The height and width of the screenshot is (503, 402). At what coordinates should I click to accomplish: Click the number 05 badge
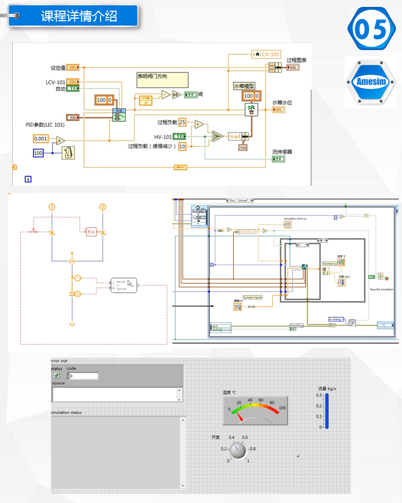click(373, 30)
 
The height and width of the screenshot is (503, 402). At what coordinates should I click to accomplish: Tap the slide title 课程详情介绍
click(79, 16)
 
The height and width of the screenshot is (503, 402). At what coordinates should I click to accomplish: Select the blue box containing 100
click(38, 153)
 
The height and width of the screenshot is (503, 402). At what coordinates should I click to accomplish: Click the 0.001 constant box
click(40, 138)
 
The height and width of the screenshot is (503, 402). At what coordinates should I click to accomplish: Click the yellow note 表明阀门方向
click(162, 80)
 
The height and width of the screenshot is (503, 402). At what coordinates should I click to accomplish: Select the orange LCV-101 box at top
click(266, 54)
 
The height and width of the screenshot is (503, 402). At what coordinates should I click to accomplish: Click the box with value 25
click(182, 122)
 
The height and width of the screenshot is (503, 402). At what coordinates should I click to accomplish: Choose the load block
click(234, 136)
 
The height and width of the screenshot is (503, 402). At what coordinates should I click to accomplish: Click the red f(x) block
click(91, 232)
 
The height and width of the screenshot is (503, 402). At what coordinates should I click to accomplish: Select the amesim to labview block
click(123, 285)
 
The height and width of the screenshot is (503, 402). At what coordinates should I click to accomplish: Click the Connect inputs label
click(253, 297)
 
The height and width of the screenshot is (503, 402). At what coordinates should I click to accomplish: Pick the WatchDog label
click(296, 325)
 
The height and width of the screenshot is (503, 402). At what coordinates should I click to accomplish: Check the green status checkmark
click(56, 376)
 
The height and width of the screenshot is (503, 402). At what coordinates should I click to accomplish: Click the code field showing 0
click(83, 376)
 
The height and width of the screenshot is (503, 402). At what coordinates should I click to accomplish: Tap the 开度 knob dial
click(238, 450)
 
